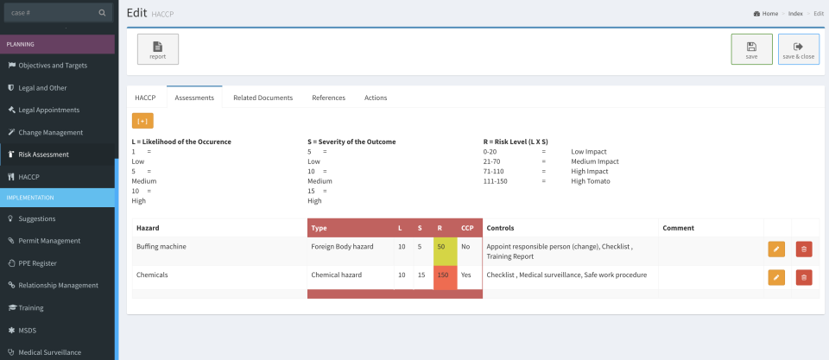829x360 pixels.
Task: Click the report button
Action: pos(158,49)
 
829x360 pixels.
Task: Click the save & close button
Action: pos(798,49)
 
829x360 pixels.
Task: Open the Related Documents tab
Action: pos(263,98)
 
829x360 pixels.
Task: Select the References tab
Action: pos(328,98)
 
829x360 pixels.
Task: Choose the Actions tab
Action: pos(376,98)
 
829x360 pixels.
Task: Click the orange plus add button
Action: pos(142,121)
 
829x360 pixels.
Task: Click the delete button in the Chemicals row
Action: pos(804,277)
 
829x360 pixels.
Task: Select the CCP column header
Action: pos(467,228)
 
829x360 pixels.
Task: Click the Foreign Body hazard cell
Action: pos(342,246)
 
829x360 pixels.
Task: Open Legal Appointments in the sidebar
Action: pos(49,110)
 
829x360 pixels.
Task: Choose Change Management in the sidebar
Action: pos(51,132)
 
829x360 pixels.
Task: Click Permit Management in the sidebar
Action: pos(49,241)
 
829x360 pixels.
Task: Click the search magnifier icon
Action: pos(103,13)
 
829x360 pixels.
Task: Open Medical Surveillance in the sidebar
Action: pos(50,352)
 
